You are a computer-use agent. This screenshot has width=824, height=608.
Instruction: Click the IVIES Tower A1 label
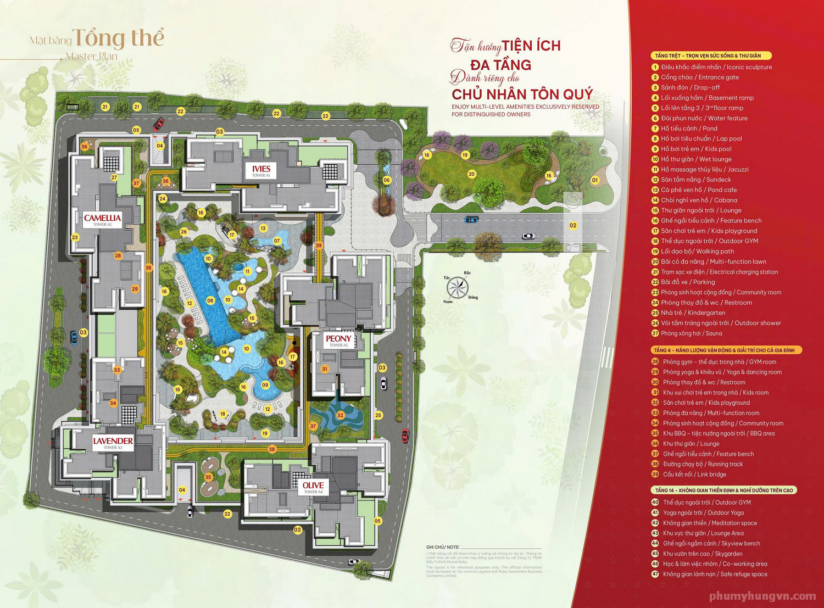pos(261,170)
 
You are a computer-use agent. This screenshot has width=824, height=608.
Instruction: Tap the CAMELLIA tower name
pos(102,219)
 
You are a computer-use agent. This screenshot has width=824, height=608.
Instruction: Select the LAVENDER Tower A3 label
pos(113,442)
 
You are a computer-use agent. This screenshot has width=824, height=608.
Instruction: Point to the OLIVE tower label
pos(313,487)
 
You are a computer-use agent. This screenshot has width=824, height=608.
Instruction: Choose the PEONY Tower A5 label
pos(338,340)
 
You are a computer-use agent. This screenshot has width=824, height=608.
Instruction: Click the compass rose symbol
pos(458,288)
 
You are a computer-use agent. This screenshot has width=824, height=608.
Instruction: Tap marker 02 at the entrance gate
pos(573,225)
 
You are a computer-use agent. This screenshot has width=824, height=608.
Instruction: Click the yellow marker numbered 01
pos(594,180)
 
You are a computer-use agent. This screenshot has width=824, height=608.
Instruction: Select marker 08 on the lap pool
pos(210,300)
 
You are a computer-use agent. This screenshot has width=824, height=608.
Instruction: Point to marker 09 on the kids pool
pos(265,385)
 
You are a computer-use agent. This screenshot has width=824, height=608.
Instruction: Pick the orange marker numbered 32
pos(341,415)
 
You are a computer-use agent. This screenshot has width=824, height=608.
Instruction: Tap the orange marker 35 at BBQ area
pos(208,477)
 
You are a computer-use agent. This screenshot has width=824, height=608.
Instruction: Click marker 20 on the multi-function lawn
pos(471,174)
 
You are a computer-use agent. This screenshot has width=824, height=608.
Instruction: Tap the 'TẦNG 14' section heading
pos(724,490)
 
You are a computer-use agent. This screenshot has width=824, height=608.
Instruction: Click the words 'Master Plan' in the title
pos(91,56)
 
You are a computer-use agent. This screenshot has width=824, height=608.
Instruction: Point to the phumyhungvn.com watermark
pos(762,596)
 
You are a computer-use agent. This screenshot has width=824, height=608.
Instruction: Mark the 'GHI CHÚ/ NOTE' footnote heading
pos(443,547)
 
